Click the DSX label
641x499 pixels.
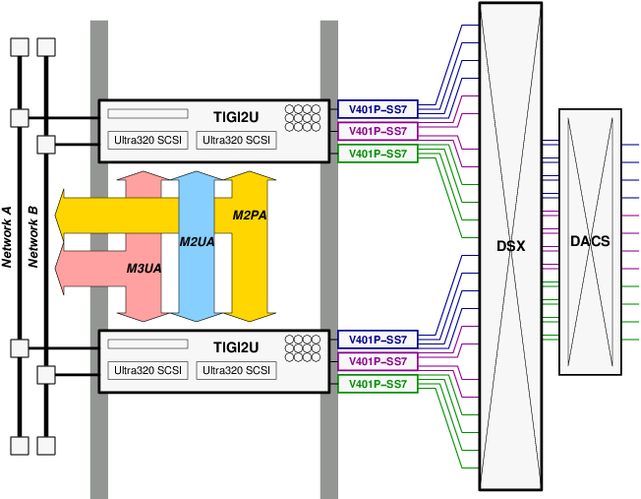point(510,246)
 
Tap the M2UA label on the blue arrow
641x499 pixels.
point(197,242)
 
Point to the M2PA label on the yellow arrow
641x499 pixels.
point(250,216)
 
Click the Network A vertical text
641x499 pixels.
point(8,237)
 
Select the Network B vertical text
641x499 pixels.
point(32,237)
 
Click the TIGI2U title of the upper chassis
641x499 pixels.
point(236,116)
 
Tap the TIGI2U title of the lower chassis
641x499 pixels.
point(236,347)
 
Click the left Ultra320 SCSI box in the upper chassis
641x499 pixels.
point(148,140)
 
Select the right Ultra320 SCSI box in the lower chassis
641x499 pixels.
point(236,371)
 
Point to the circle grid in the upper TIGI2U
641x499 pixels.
point(303,118)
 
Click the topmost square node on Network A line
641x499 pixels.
point(19,47)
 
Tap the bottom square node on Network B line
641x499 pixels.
point(45,445)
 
